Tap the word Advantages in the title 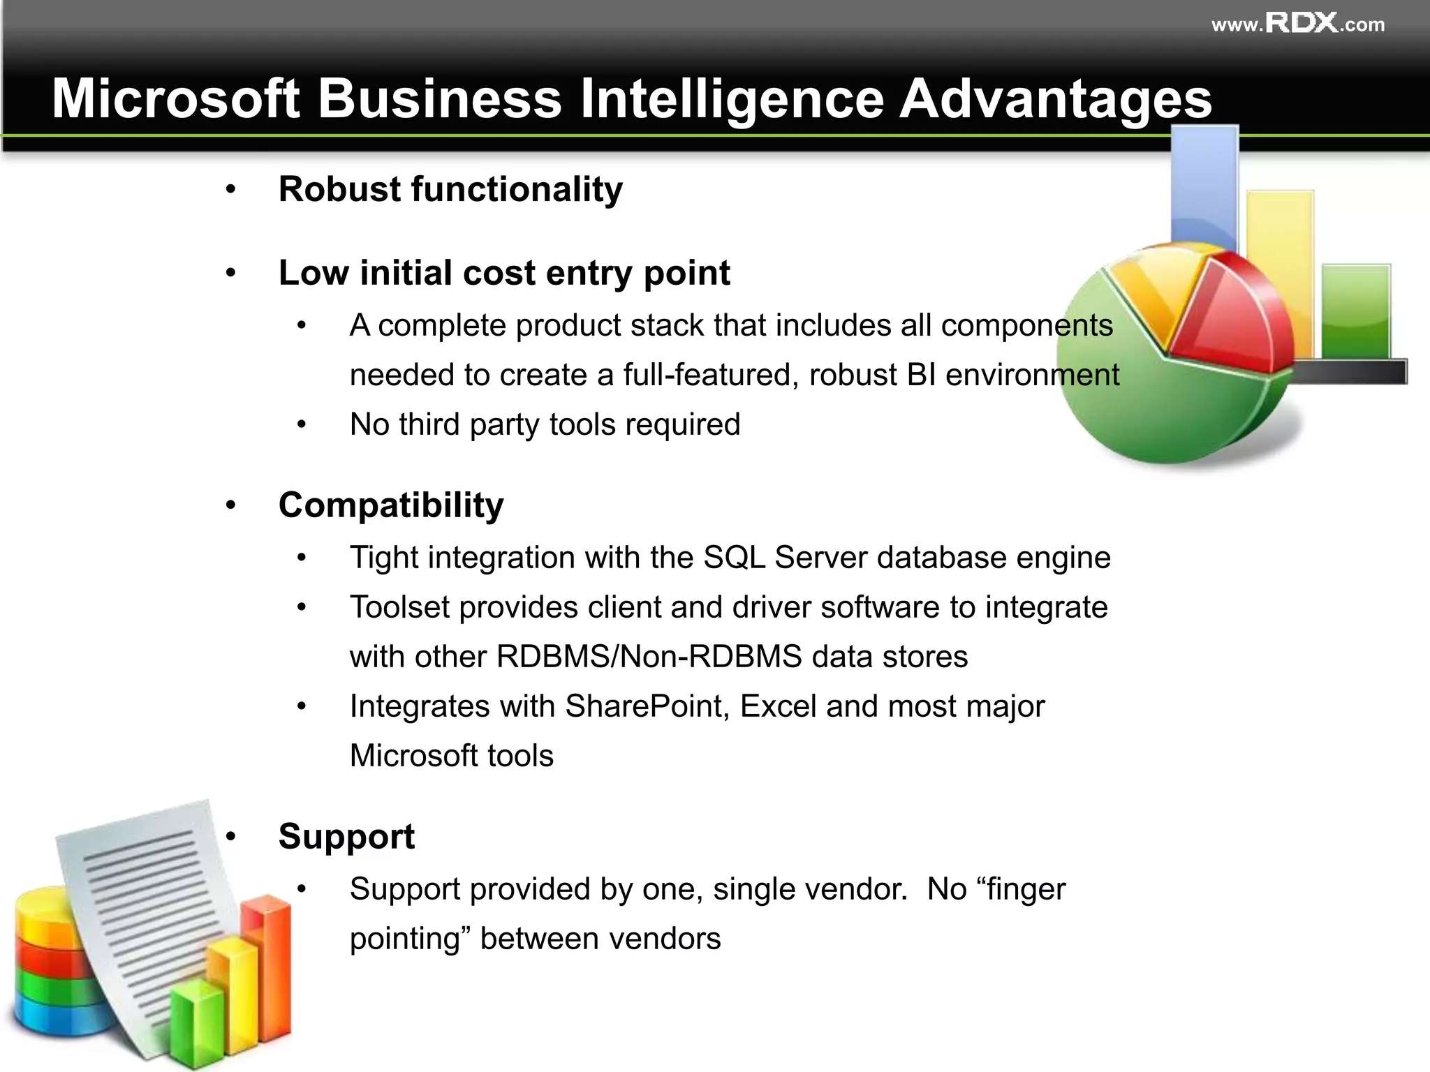[x=1055, y=98]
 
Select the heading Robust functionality [x=450, y=189]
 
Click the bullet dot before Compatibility [x=231, y=505]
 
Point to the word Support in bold [x=346, y=836]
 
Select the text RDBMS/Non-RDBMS [x=649, y=657]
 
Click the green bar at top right [x=1355, y=311]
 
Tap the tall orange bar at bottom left [x=274, y=970]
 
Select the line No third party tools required [x=545, y=424]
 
